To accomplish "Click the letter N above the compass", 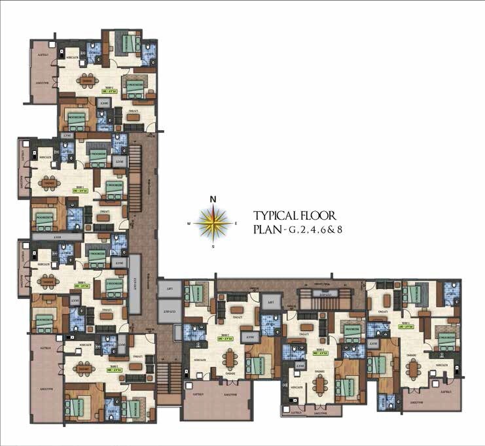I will pyautogui.click(x=213, y=200).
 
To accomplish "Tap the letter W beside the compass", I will pyautogui.click(x=189, y=224).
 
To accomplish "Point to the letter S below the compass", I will pyautogui.click(x=213, y=247).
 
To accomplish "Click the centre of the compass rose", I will pyautogui.click(x=213, y=224).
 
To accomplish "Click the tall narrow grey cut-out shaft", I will pyautogui.click(x=135, y=284).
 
